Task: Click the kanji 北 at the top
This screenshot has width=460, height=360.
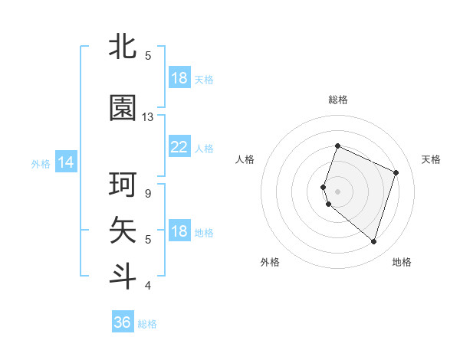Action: pos(123,47)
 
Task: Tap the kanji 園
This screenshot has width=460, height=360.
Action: pos(123,109)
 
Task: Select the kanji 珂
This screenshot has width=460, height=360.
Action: pos(123,185)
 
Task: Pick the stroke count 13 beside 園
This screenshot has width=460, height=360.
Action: pos(148,117)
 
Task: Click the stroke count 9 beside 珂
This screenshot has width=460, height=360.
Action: pos(147,193)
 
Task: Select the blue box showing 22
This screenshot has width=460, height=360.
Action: pos(179,147)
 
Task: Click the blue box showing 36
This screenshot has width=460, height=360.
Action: pos(123,322)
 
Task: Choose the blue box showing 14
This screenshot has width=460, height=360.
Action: pos(66,162)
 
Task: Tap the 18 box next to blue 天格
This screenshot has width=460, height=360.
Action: pos(179,78)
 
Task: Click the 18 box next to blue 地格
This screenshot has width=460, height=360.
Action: pos(179,231)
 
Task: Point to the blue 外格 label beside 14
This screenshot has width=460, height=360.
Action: pos(41,163)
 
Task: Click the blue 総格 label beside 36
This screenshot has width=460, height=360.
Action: pos(147,324)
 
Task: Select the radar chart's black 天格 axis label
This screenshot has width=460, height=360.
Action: pos(431,159)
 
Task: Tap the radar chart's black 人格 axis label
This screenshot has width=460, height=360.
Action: pos(245,159)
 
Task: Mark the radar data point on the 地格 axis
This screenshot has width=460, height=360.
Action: pos(373,241)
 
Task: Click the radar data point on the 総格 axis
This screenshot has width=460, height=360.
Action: pos(337,146)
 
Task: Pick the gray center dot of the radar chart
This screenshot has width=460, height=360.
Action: pos(337,191)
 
